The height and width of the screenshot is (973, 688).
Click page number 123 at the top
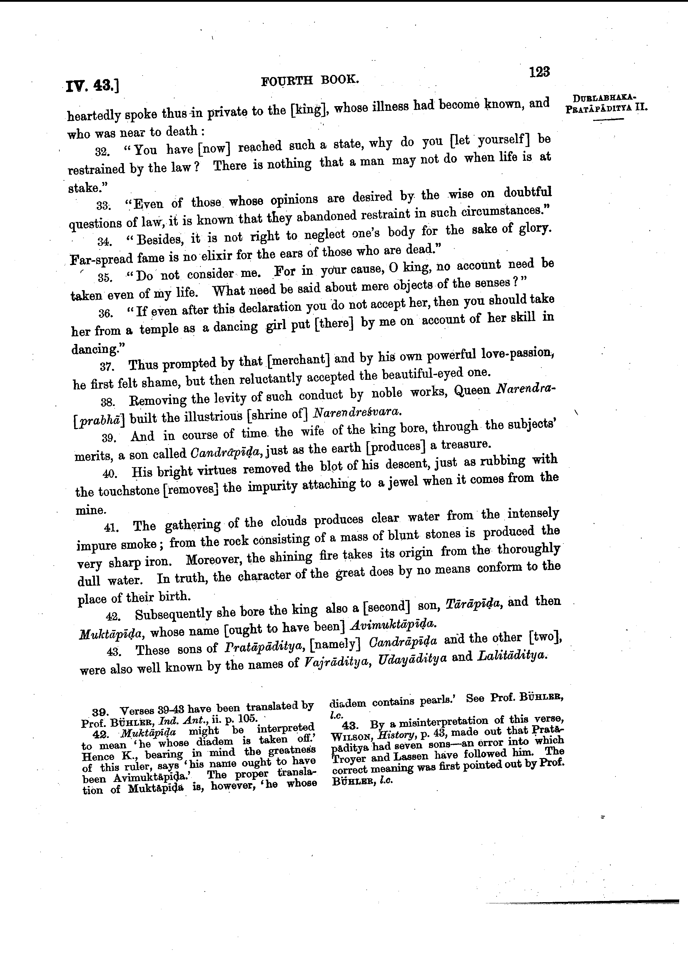[x=539, y=72]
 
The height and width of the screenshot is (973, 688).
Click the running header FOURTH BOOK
[x=310, y=80]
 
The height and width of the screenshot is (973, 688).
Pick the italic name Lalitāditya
[x=510, y=656]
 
